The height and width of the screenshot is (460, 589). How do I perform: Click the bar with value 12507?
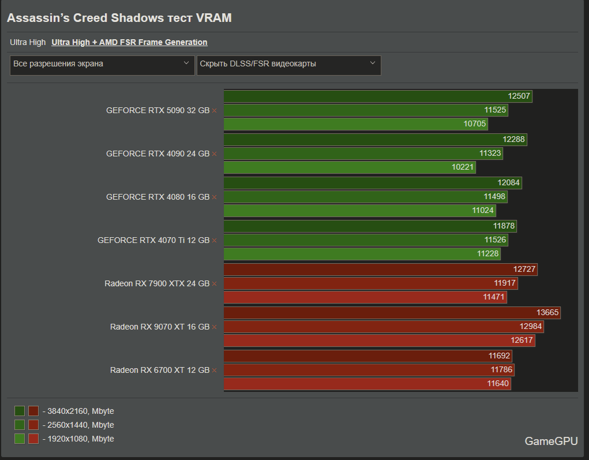(x=377, y=96)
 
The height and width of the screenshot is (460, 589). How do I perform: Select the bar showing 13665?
(x=392, y=312)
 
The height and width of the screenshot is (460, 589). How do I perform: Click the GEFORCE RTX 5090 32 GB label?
(x=157, y=110)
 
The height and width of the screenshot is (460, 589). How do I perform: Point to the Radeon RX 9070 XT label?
(x=159, y=327)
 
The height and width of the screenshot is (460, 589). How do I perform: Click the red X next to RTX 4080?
(x=215, y=197)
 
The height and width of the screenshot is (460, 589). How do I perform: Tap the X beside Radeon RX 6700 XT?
(x=215, y=371)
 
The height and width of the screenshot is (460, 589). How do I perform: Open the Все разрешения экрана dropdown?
(x=102, y=64)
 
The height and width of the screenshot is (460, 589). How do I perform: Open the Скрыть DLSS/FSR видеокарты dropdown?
(x=288, y=64)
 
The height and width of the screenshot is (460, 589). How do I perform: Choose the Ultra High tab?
(x=28, y=42)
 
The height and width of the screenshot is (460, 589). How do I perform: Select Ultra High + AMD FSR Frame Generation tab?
(x=129, y=42)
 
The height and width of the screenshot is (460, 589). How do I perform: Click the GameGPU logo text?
(x=550, y=441)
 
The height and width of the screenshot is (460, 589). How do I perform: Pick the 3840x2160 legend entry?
(x=78, y=411)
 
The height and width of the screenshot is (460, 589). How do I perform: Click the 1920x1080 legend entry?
(x=78, y=439)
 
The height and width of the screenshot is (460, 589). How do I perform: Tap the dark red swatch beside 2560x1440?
(x=33, y=425)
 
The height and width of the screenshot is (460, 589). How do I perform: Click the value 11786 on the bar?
(x=501, y=370)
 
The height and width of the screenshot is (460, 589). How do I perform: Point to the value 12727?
(x=524, y=269)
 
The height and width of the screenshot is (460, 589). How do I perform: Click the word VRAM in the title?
(x=213, y=18)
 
